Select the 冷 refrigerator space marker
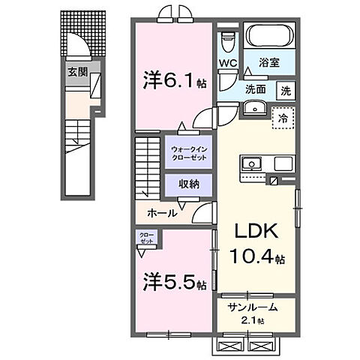(x=283, y=118)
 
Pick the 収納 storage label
(x=188, y=183)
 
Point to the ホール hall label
(x=162, y=213)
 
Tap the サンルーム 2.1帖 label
(x=253, y=311)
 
